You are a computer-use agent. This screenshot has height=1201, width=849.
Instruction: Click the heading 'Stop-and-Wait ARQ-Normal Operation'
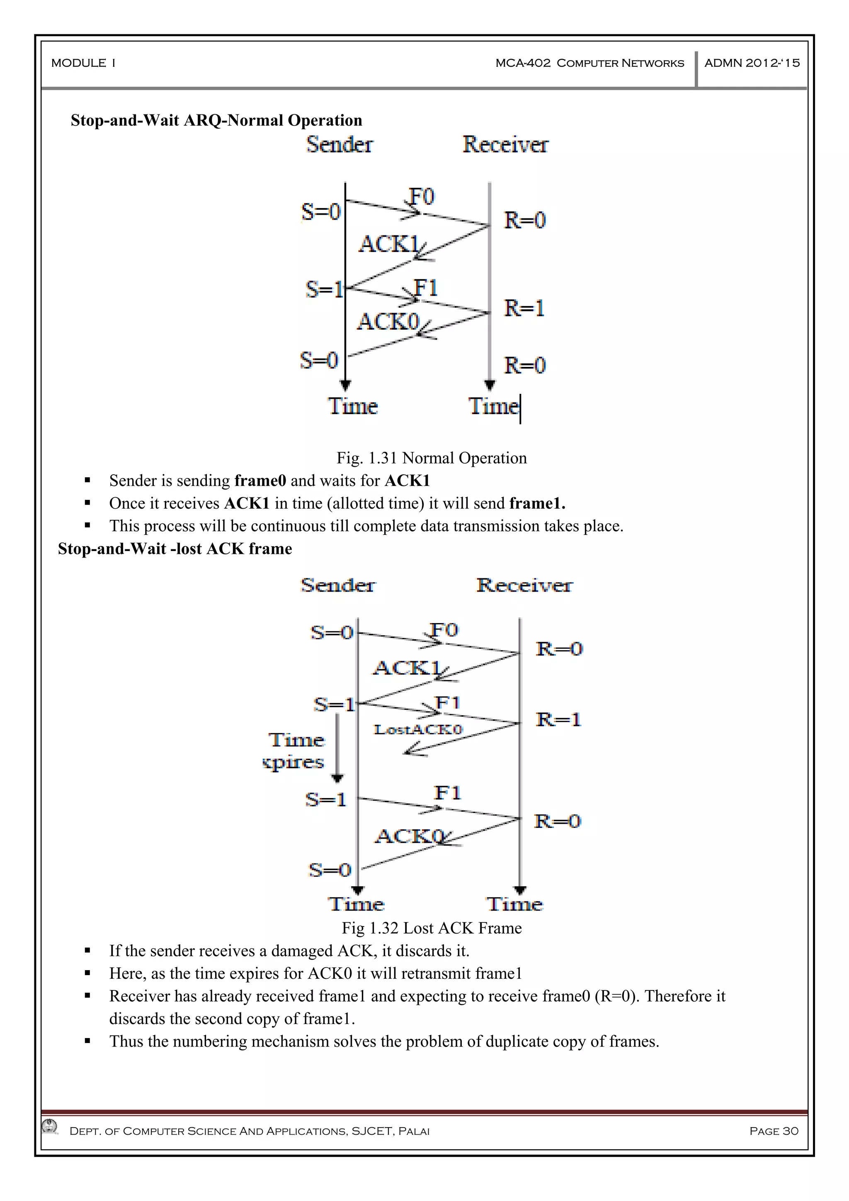pyautogui.click(x=216, y=120)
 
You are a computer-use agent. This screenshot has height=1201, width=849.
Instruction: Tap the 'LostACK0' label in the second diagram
pyautogui.click(x=418, y=729)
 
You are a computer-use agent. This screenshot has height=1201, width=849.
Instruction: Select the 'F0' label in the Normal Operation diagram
pyautogui.click(x=422, y=197)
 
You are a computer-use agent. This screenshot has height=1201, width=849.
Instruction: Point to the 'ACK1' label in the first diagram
pyautogui.click(x=389, y=244)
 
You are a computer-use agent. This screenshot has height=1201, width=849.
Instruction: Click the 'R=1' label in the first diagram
pyautogui.click(x=524, y=308)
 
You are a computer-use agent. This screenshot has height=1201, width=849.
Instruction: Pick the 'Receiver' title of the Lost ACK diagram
pyautogui.click(x=524, y=585)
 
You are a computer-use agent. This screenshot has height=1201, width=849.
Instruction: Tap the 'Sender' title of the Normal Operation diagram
pyautogui.click(x=340, y=144)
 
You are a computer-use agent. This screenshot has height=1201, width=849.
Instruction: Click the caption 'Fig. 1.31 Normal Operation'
pyautogui.click(x=432, y=458)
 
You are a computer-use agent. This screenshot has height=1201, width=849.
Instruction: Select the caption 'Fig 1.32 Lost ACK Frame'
pyautogui.click(x=432, y=928)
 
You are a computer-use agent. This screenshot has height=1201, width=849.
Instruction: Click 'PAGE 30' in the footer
pyautogui.click(x=774, y=1131)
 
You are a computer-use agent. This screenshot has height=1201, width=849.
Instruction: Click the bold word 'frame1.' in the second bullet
pyautogui.click(x=537, y=503)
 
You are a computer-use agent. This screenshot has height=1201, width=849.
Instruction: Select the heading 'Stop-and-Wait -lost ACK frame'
pyautogui.click(x=175, y=549)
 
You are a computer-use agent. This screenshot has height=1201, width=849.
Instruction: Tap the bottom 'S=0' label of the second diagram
pyautogui.click(x=330, y=870)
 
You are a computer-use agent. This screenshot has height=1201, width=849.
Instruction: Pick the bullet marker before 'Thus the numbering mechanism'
pyautogui.click(x=87, y=1041)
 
